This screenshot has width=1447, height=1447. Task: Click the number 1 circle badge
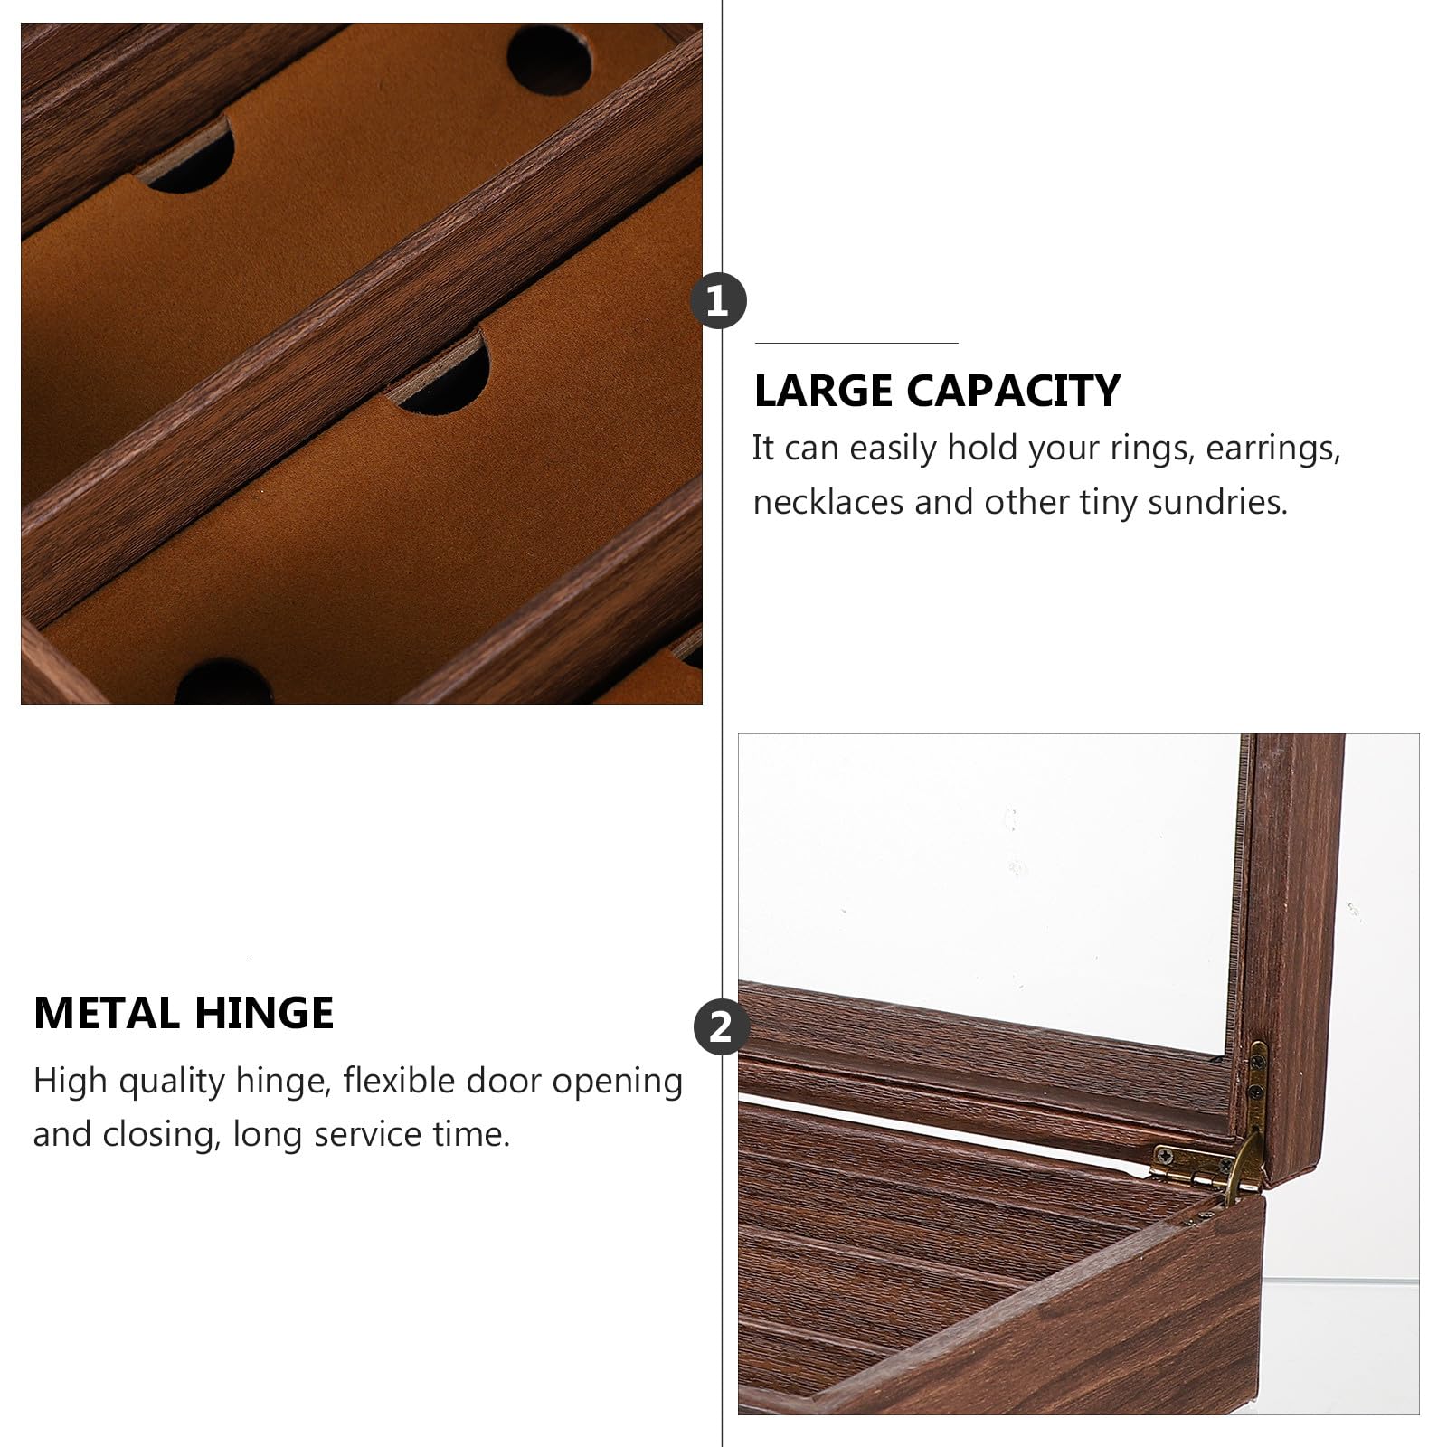[718, 301]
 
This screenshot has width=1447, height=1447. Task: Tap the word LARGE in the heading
[824, 392]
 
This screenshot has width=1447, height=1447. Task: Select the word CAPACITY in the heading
[1014, 392]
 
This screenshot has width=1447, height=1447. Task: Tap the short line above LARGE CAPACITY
[856, 344]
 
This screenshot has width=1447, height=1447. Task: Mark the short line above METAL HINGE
[141, 960]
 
